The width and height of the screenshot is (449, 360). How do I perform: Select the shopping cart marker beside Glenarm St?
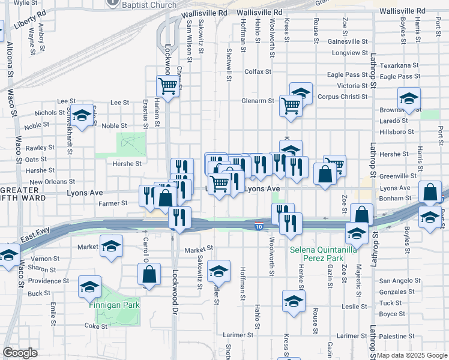click(x=291, y=106)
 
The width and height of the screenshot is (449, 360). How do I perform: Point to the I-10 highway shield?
click(x=258, y=226)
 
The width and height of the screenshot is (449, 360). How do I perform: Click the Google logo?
click(x=20, y=353)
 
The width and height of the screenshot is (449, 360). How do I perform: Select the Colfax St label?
click(x=258, y=71)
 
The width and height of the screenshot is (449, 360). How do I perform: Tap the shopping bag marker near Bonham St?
click(x=430, y=193)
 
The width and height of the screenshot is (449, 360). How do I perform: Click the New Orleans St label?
click(x=52, y=182)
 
